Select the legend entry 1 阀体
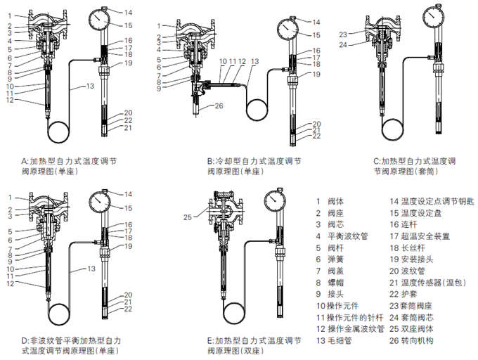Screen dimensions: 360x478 coord(329,200)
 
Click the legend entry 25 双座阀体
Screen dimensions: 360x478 coord(418,328)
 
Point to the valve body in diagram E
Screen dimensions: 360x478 coord(224,213)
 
